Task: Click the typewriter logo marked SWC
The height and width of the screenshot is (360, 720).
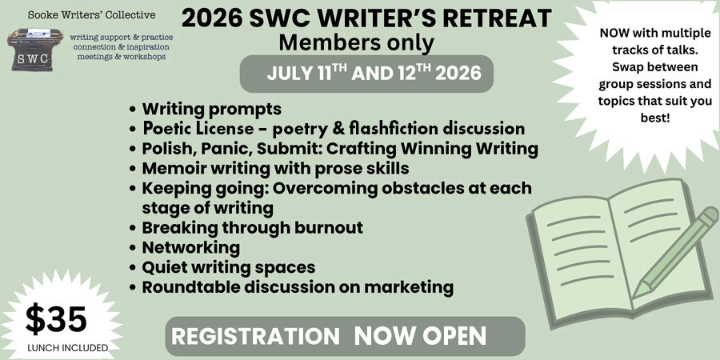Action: [35, 50]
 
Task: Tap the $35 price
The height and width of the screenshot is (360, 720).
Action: [56, 319]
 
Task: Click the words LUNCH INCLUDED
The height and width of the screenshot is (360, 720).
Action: [67, 348]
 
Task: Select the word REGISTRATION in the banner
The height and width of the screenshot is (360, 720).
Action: [255, 336]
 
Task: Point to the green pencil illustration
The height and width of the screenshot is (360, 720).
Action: [675, 252]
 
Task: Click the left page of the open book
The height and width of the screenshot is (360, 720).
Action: [579, 258]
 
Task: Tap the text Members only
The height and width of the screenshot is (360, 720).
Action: [356, 42]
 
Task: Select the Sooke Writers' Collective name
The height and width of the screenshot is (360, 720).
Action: [91, 14]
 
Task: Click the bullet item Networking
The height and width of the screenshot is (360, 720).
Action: [190, 248]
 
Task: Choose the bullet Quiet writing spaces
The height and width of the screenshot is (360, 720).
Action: [229, 267]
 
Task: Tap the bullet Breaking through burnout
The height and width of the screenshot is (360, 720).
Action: [252, 228]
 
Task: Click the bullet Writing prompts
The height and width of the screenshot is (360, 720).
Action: [211, 110]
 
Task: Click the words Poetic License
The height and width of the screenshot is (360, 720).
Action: [198, 129]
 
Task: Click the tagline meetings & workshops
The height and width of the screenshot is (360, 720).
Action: [122, 57]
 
